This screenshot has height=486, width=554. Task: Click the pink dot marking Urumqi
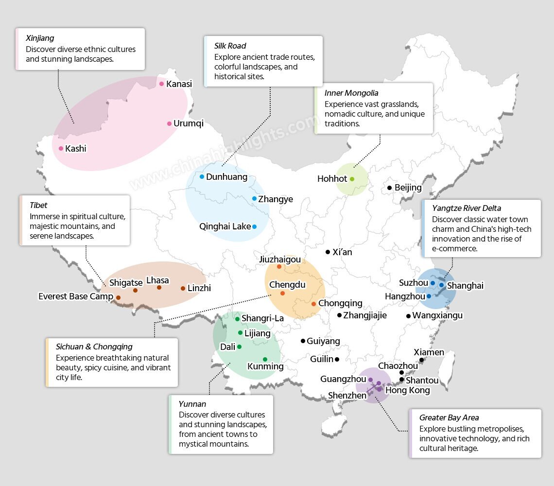169,123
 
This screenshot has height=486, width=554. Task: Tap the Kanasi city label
179,84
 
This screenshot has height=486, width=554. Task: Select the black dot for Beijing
389,188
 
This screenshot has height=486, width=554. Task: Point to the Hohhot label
332,179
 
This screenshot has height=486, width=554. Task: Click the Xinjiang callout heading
40,38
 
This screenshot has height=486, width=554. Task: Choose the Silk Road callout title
230,46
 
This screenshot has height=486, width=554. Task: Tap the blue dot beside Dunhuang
202,176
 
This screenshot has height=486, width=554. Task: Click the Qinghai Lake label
225,226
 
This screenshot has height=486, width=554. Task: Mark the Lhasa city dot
159,288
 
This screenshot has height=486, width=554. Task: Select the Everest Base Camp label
76,296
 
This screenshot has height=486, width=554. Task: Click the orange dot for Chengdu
282,293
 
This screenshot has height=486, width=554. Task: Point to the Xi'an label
342,252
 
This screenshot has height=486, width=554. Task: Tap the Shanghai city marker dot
441,285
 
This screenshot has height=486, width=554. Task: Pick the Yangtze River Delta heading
466,208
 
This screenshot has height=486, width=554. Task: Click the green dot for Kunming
265,359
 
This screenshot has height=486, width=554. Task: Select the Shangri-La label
262,318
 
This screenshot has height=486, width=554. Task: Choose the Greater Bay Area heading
449,417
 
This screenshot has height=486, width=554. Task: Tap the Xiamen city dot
421,360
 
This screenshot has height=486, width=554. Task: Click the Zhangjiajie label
365,315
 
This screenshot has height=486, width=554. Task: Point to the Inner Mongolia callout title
351,93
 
